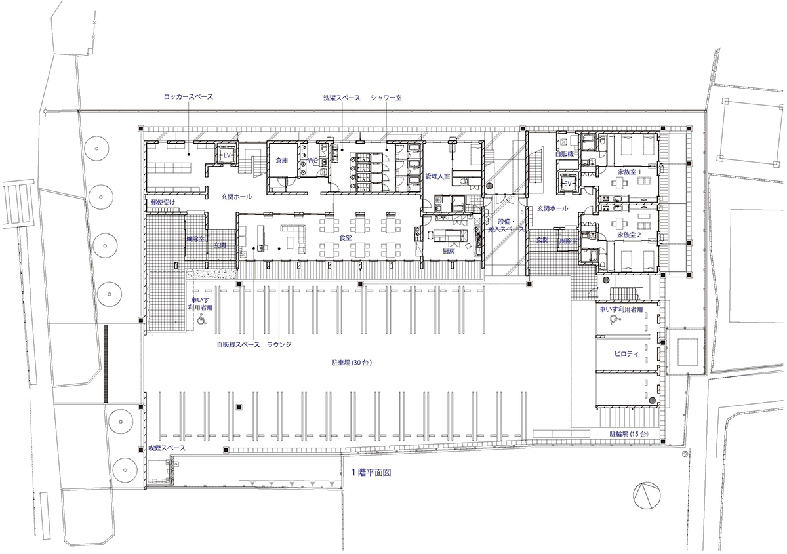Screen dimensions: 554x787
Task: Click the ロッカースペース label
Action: coord(189,97)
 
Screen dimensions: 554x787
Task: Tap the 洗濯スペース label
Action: coord(342,97)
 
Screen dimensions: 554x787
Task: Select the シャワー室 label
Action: coord(386,97)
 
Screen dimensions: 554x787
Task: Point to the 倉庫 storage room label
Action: coord(283,160)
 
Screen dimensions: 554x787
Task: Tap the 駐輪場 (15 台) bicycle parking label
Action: coord(628,434)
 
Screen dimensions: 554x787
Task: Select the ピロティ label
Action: coord(626,353)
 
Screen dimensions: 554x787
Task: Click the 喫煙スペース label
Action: coord(167,448)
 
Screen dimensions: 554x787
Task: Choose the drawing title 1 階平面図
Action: coord(371,472)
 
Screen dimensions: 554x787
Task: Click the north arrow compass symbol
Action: coord(646,493)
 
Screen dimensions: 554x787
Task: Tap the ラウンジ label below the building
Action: coord(279,344)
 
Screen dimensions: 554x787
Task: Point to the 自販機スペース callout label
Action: coord(238,344)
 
